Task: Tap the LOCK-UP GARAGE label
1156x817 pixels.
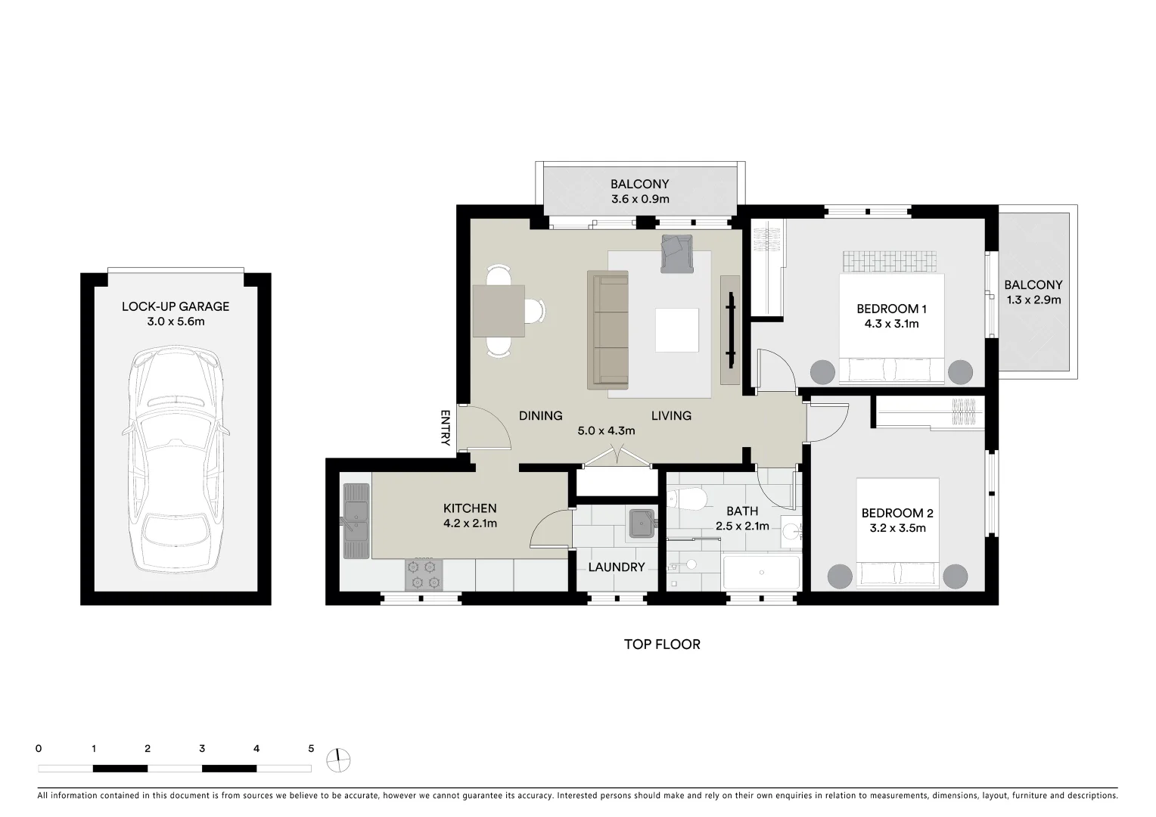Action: (x=176, y=306)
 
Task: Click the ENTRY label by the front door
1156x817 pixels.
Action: (x=445, y=428)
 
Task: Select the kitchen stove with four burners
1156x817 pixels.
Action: (x=424, y=574)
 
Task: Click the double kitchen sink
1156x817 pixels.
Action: (x=356, y=520)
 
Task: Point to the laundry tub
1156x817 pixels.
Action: (x=642, y=523)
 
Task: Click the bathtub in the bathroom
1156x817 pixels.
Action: (x=761, y=573)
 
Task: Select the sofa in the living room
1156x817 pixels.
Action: (x=608, y=330)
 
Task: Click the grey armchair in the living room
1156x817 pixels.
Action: (x=676, y=253)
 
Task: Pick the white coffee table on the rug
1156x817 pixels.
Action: (x=676, y=330)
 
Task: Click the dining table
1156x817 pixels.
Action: (x=499, y=311)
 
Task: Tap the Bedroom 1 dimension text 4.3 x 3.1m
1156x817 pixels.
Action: (x=891, y=324)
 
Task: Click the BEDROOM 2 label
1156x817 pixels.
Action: (x=897, y=513)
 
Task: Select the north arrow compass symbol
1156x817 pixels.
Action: (x=338, y=760)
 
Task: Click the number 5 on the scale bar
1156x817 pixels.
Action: (x=311, y=749)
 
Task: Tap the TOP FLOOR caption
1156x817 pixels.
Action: (x=662, y=645)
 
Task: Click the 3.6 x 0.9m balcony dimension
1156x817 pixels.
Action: (x=640, y=200)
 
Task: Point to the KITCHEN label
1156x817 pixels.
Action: (x=470, y=508)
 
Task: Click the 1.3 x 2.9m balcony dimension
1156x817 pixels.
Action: (x=1033, y=300)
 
